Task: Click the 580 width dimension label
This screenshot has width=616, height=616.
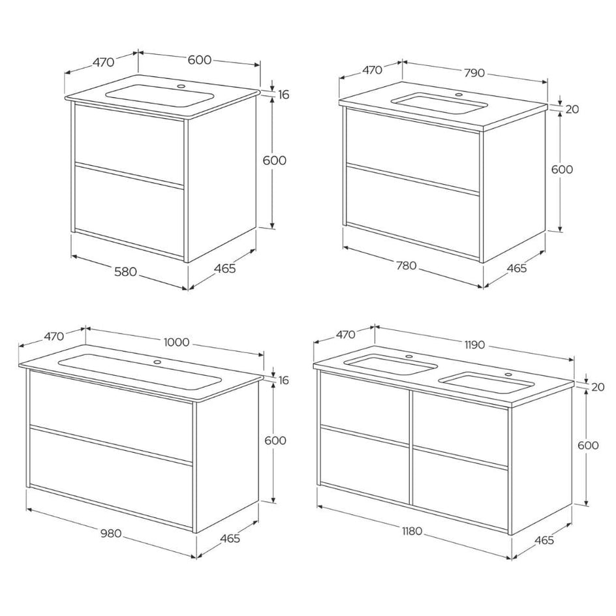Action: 125,271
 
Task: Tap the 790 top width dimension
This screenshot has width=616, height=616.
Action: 474,72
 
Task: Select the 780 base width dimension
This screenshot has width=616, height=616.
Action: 406,266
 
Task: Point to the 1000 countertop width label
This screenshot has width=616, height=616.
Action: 176,342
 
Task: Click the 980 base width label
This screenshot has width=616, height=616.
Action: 110,533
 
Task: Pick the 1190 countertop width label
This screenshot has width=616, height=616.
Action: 474,345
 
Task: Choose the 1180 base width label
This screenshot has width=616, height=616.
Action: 412,532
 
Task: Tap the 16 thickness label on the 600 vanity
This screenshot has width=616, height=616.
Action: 283,95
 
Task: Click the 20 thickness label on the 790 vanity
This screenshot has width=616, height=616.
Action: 572,109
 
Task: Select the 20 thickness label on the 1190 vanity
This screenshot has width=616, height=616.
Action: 597,387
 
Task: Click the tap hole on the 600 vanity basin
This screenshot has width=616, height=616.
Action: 181,85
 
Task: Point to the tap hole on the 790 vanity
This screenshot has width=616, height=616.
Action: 458,94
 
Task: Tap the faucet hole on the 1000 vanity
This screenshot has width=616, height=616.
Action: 157,362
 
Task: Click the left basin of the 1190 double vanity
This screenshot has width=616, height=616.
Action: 391,365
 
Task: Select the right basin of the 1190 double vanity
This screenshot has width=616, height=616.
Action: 485,384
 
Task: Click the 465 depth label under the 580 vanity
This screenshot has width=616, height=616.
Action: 224,268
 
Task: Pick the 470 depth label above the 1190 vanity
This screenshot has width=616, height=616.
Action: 345,335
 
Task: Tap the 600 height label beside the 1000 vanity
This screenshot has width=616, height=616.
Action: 275,440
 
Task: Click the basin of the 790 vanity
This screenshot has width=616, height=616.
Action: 439,104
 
